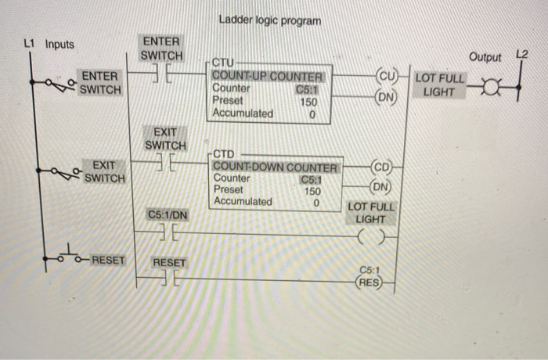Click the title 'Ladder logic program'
tap(270, 20)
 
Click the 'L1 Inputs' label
tap(49, 44)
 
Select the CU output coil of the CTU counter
tap(387, 77)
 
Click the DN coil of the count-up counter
tap(387, 97)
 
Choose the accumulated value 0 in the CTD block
tap(316, 202)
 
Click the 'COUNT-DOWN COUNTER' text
tap(275, 167)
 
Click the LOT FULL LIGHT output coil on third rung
tap(373, 232)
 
